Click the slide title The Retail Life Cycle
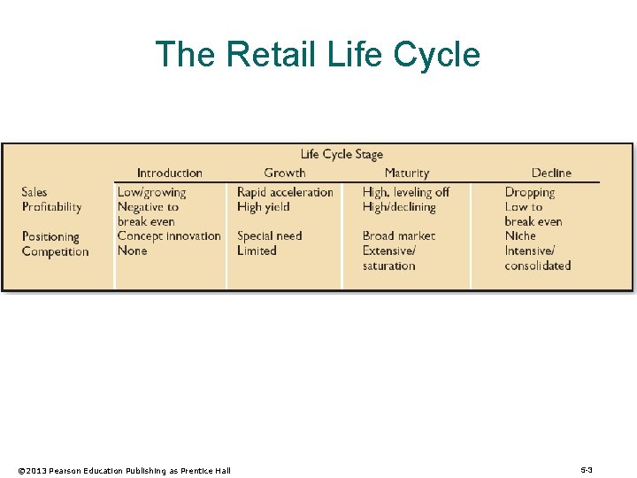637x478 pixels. point(318,54)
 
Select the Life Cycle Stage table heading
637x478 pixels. point(342,154)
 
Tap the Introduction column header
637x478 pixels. point(169,173)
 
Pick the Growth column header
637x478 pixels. point(284,173)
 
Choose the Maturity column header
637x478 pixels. point(406,173)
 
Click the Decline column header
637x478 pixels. point(551,173)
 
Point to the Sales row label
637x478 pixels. point(35,192)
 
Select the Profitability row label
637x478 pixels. point(51,207)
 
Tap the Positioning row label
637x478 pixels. point(50,236)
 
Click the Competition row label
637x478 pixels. point(55,251)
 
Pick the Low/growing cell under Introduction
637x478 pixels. point(151,192)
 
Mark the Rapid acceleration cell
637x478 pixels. point(285,192)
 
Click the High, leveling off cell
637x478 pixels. point(405,192)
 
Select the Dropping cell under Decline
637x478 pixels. point(529,192)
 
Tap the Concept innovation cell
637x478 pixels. point(169,236)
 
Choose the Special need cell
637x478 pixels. point(269,236)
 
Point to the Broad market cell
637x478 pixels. point(398,236)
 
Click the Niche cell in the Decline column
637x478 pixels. point(520,236)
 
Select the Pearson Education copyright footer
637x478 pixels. point(124,470)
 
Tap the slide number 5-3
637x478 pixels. point(586,469)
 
